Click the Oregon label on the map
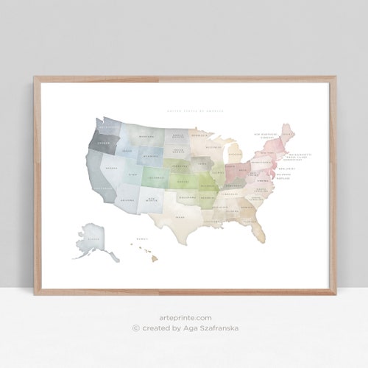tap(103, 144)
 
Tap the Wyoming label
tap(152, 156)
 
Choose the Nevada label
tap(113, 169)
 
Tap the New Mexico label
tap(152, 199)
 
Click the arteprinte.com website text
tap(183, 318)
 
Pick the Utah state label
tap(132, 174)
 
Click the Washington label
tap(107, 125)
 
